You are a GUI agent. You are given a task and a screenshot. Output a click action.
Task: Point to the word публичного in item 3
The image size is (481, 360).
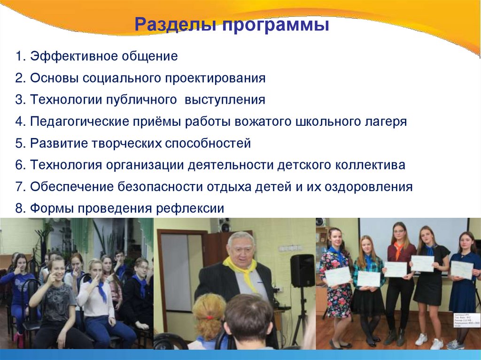click(x=144, y=100)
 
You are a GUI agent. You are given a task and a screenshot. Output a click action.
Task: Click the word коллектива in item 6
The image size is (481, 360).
click(x=370, y=165)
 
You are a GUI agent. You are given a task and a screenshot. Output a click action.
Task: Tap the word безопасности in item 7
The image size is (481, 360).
click(x=161, y=187)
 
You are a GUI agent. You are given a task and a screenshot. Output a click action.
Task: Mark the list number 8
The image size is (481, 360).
click(x=19, y=208)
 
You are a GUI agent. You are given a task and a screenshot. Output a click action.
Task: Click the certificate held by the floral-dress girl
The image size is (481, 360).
click(x=338, y=276)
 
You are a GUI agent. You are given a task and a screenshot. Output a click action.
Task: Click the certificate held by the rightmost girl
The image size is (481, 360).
click(x=462, y=269)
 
